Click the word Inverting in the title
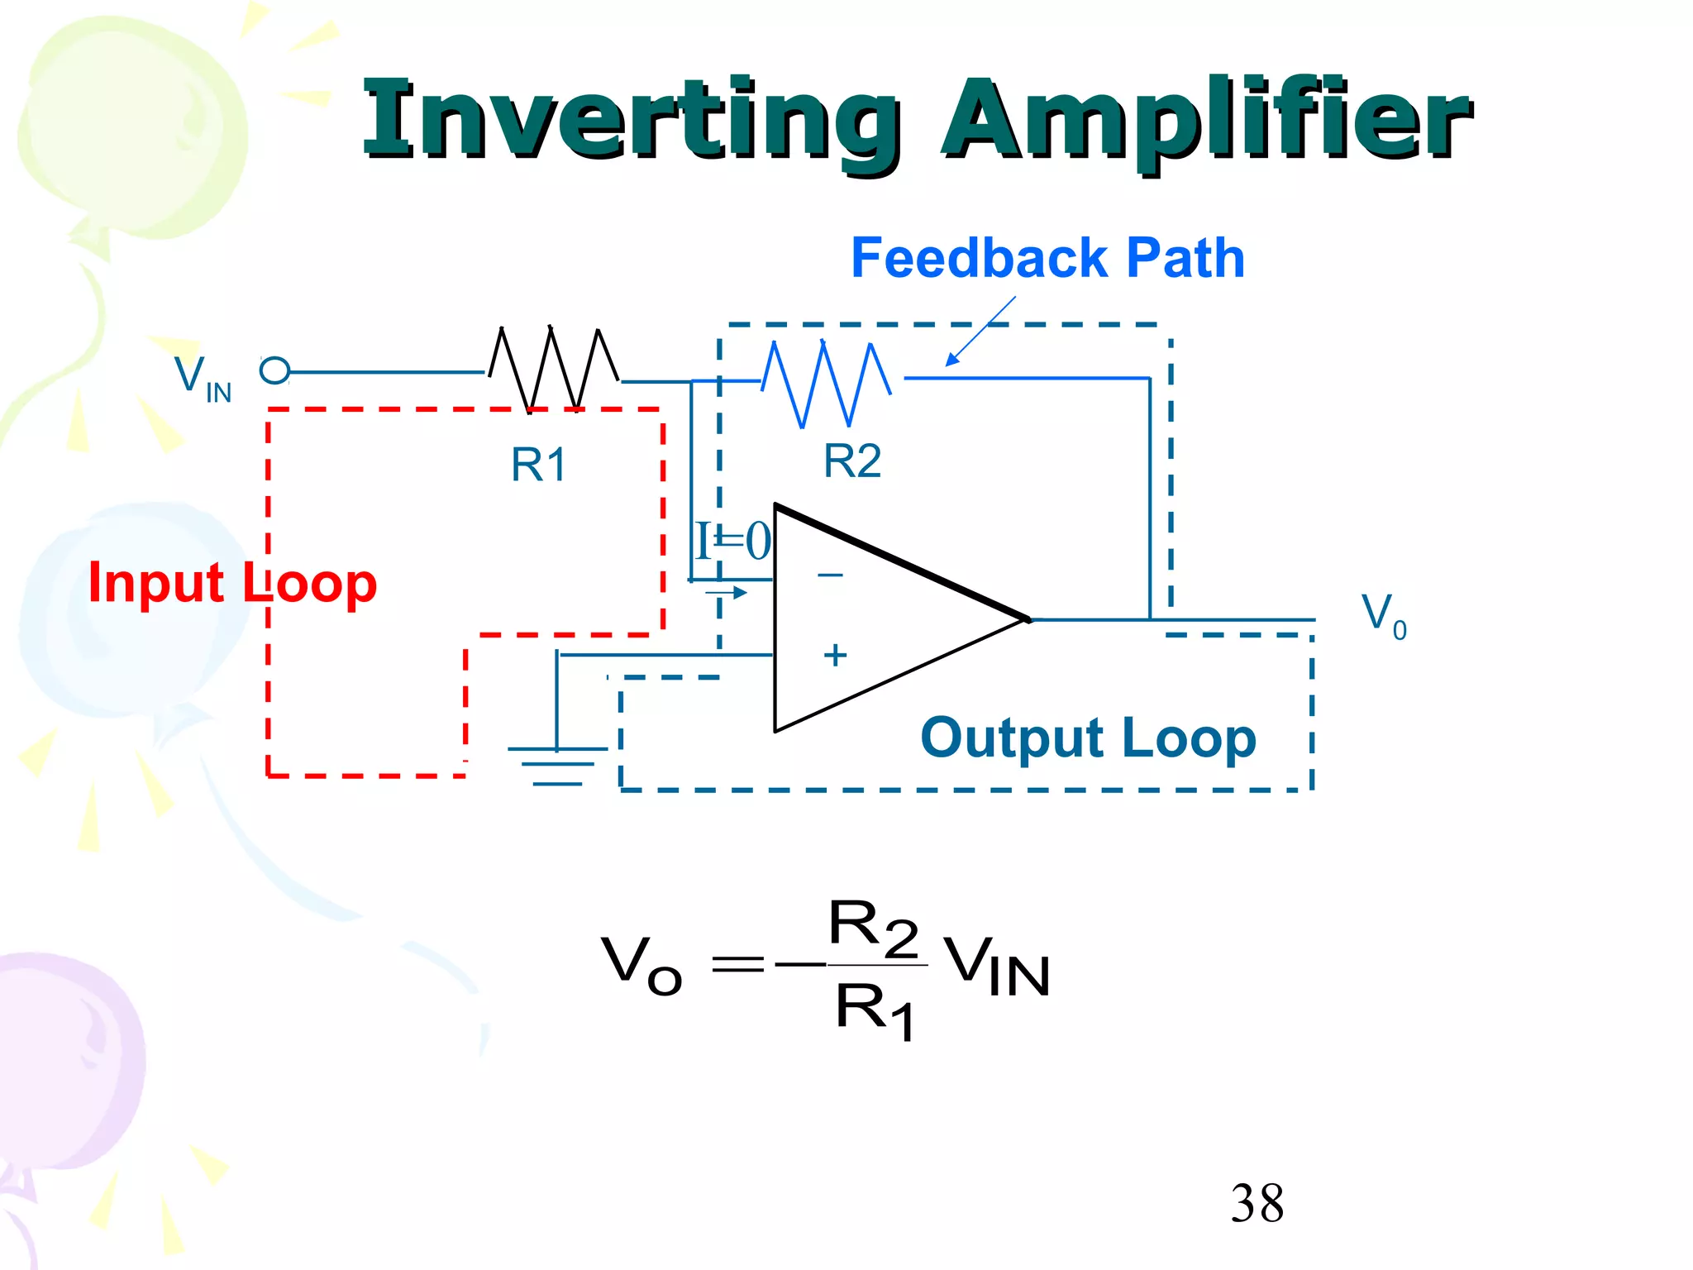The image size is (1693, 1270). point(632,120)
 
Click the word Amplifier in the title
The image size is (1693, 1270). point(1207,120)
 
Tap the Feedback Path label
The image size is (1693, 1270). point(1047,258)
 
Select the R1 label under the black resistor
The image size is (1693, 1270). point(538,464)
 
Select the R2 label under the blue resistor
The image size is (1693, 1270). point(852,461)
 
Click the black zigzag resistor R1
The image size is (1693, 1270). point(552,369)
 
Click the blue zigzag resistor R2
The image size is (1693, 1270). point(825,383)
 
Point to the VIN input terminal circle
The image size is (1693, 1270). point(274,370)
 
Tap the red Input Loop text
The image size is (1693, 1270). point(232,583)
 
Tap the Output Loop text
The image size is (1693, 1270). point(1088,738)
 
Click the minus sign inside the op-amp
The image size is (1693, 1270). point(830,575)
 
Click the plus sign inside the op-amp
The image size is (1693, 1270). point(835,655)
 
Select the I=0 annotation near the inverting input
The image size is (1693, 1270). point(732,542)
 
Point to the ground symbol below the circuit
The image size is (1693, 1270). point(557,766)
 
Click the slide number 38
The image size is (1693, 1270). point(1257,1203)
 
